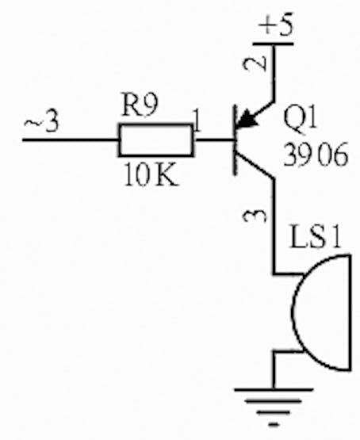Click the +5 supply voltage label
coord(276,25)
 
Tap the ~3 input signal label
coord(41,122)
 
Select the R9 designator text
coord(140,105)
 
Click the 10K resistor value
coord(151,174)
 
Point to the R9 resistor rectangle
coord(156,140)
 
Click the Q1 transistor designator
coord(300,118)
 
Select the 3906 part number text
coord(316,155)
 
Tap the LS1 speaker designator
coord(316,237)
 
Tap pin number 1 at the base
coord(197,121)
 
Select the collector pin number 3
coord(255,216)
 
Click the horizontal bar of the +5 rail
coord(273,44)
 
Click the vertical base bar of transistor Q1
coord(236,140)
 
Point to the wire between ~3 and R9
coord(71,140)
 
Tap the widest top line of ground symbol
coord(274,389)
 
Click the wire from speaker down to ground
coord(274,370)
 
